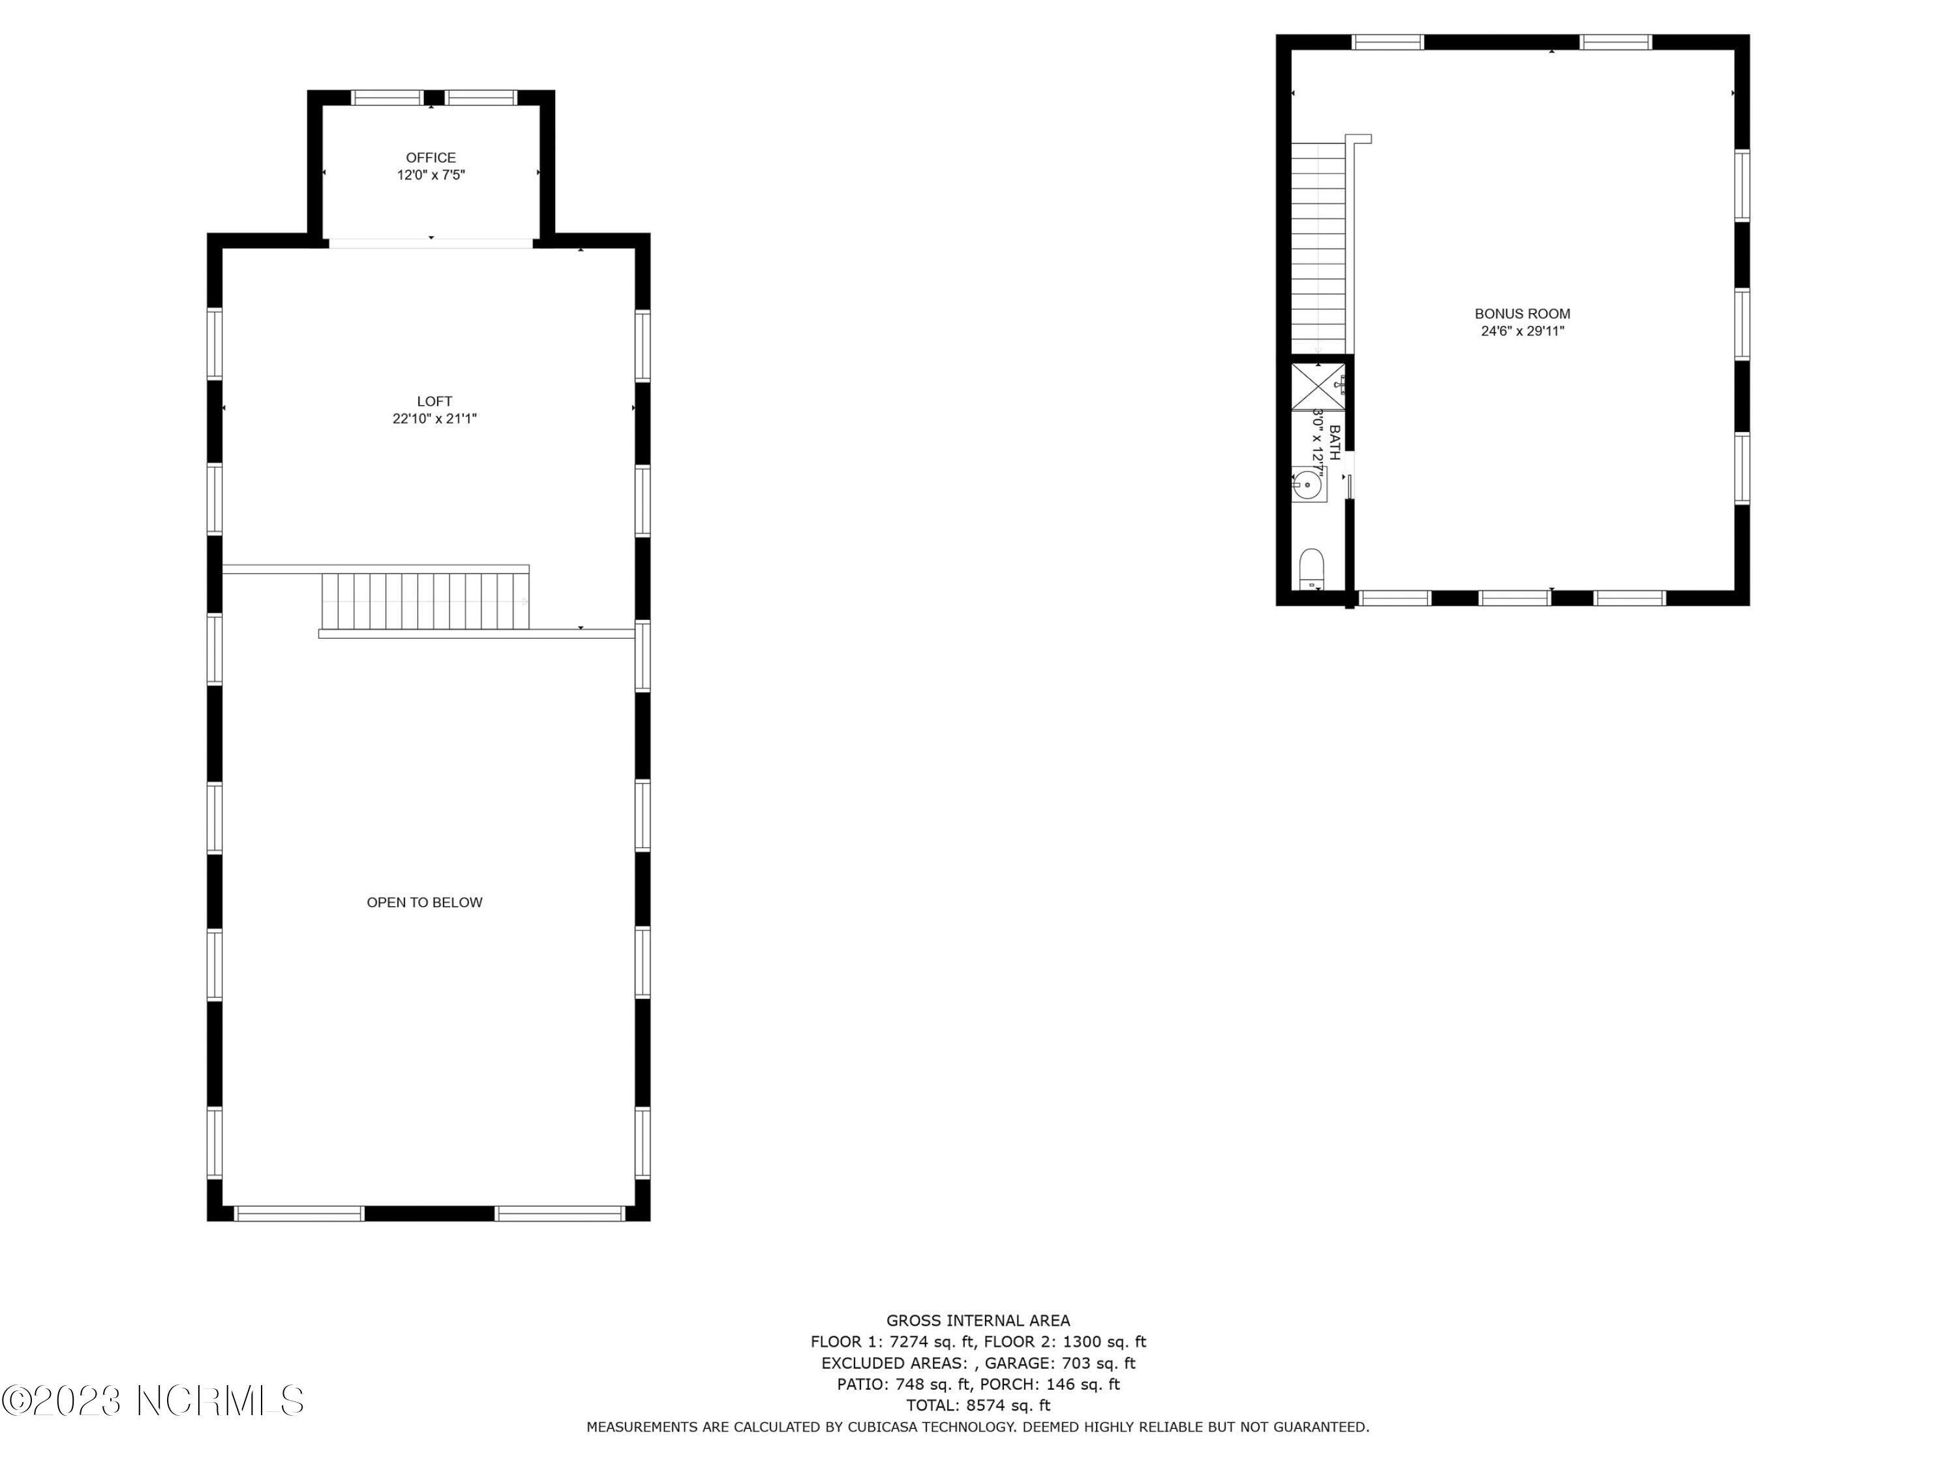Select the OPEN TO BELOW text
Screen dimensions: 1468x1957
tap(425, 902)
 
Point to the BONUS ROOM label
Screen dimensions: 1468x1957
tap(1523, 314)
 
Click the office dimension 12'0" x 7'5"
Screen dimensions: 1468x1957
tap(431, 176)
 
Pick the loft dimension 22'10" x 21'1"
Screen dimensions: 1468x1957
tap(434, 420)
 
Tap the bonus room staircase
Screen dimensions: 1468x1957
tap(1318, 248)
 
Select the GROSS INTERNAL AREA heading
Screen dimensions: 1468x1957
tap(978, 1321)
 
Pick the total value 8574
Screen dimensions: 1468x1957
tap(984, 1405)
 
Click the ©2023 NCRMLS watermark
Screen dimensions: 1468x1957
tap(152, 1401)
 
